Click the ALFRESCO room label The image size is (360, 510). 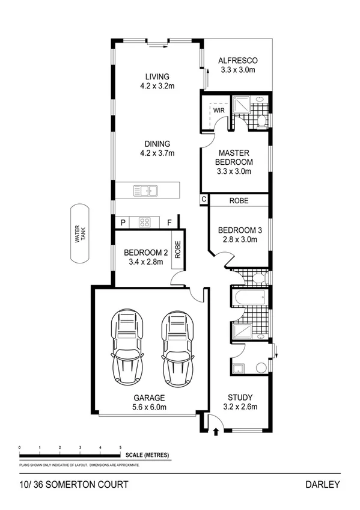pos(237,60)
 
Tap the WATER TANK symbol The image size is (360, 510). pos(77,234)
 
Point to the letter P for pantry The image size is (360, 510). pos(123,223)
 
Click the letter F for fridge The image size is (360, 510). pos(169,223)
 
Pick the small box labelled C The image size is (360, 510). pos(204,199)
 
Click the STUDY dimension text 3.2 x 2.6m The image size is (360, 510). pos(240,407)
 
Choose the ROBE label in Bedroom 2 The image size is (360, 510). pos(177,250)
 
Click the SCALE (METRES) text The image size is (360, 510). pos(148,455)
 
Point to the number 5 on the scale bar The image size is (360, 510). pos(121,448)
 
